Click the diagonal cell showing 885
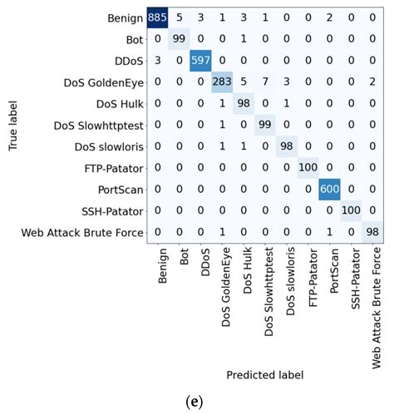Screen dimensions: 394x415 (157, 17)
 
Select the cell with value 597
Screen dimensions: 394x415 (200, 61)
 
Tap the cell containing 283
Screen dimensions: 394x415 (222, 82)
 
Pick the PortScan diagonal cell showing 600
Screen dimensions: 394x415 (329, 190)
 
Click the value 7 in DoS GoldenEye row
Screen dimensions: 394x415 (265, 82)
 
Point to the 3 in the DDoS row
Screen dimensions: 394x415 (158, 61)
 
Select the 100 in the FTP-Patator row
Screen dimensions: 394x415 (308, 168)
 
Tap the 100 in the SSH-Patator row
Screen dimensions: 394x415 (351, 210)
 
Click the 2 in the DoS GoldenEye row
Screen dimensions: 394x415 (372, 82)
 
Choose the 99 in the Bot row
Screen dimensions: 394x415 (179, 39)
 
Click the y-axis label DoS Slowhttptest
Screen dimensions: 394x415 (99, 126)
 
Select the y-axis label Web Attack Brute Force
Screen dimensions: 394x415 (82, 233)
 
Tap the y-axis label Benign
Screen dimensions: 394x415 (126, 18)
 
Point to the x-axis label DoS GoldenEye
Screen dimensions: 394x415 (226, 287)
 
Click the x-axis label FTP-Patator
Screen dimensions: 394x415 (313, 278)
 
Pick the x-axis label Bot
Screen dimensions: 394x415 (184, 257)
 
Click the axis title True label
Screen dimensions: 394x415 (12, 126)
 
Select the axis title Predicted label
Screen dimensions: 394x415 (265, 375)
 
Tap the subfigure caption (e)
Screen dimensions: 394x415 (195, 402)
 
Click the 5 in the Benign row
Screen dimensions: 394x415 (180, 17)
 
